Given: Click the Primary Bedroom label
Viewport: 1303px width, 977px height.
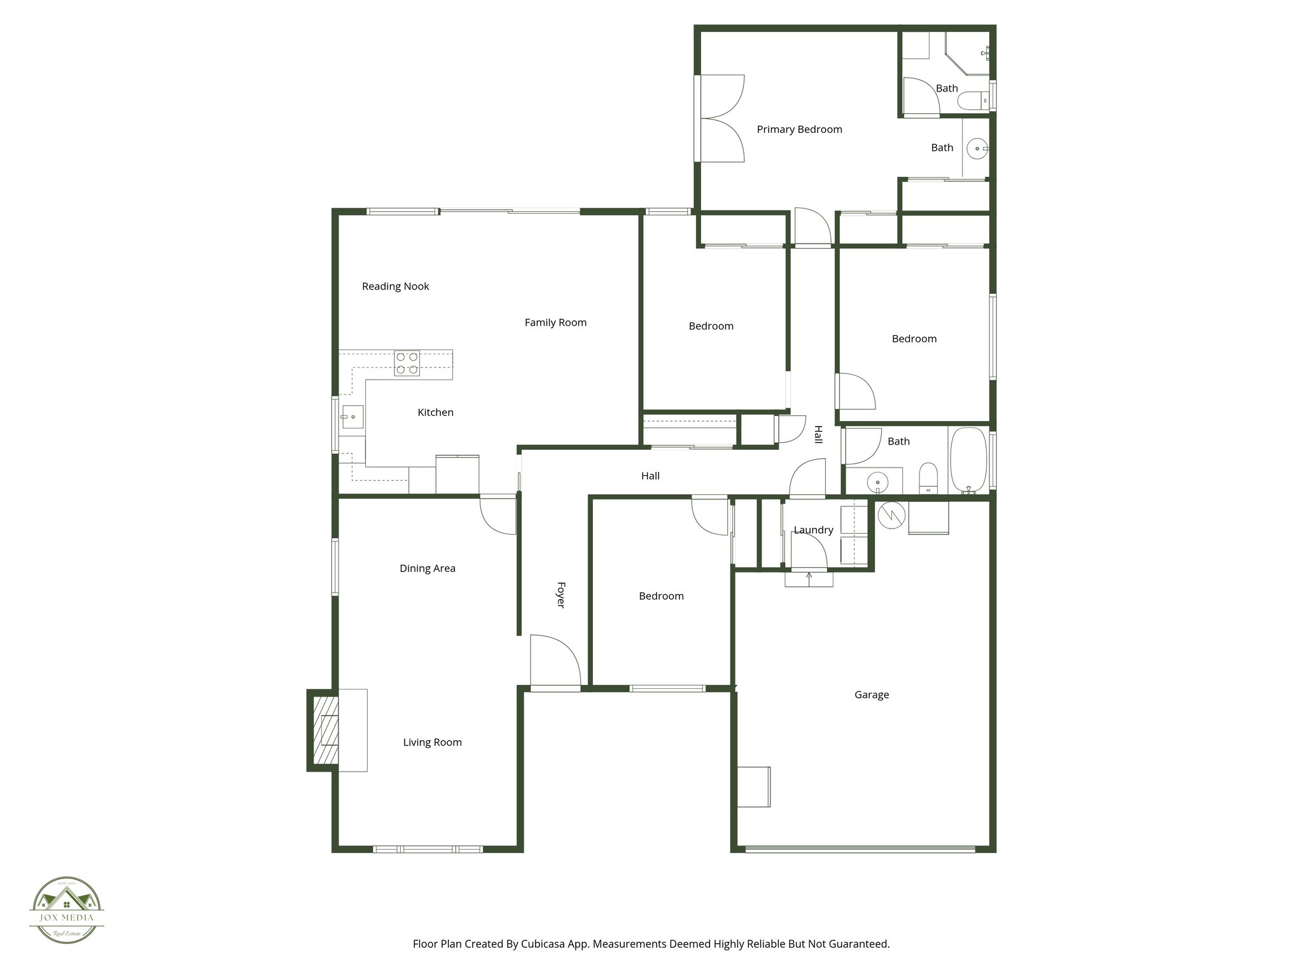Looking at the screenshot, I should (799, 130).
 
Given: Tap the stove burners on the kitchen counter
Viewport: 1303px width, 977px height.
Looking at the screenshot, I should (407, 363).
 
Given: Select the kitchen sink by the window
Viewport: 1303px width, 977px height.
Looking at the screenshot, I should (352, 417).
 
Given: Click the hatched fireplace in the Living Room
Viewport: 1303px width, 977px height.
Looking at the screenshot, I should (324, 730).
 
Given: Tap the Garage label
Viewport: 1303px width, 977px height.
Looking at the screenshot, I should (871, 695).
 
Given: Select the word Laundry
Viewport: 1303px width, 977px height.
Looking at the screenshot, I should (813, 530).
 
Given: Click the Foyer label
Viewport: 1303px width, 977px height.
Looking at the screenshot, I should (561, 594).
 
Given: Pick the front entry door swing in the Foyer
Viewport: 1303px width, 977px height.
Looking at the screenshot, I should (555, 662).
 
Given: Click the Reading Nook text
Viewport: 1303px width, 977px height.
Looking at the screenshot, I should (395, 287).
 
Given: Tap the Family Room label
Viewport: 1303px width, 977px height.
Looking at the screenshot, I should (555, 323).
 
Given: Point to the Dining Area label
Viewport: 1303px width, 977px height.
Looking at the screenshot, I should (427, 569).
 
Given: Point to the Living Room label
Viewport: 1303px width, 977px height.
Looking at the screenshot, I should (432, 742).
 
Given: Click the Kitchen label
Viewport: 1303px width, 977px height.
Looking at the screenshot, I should (435, 413).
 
